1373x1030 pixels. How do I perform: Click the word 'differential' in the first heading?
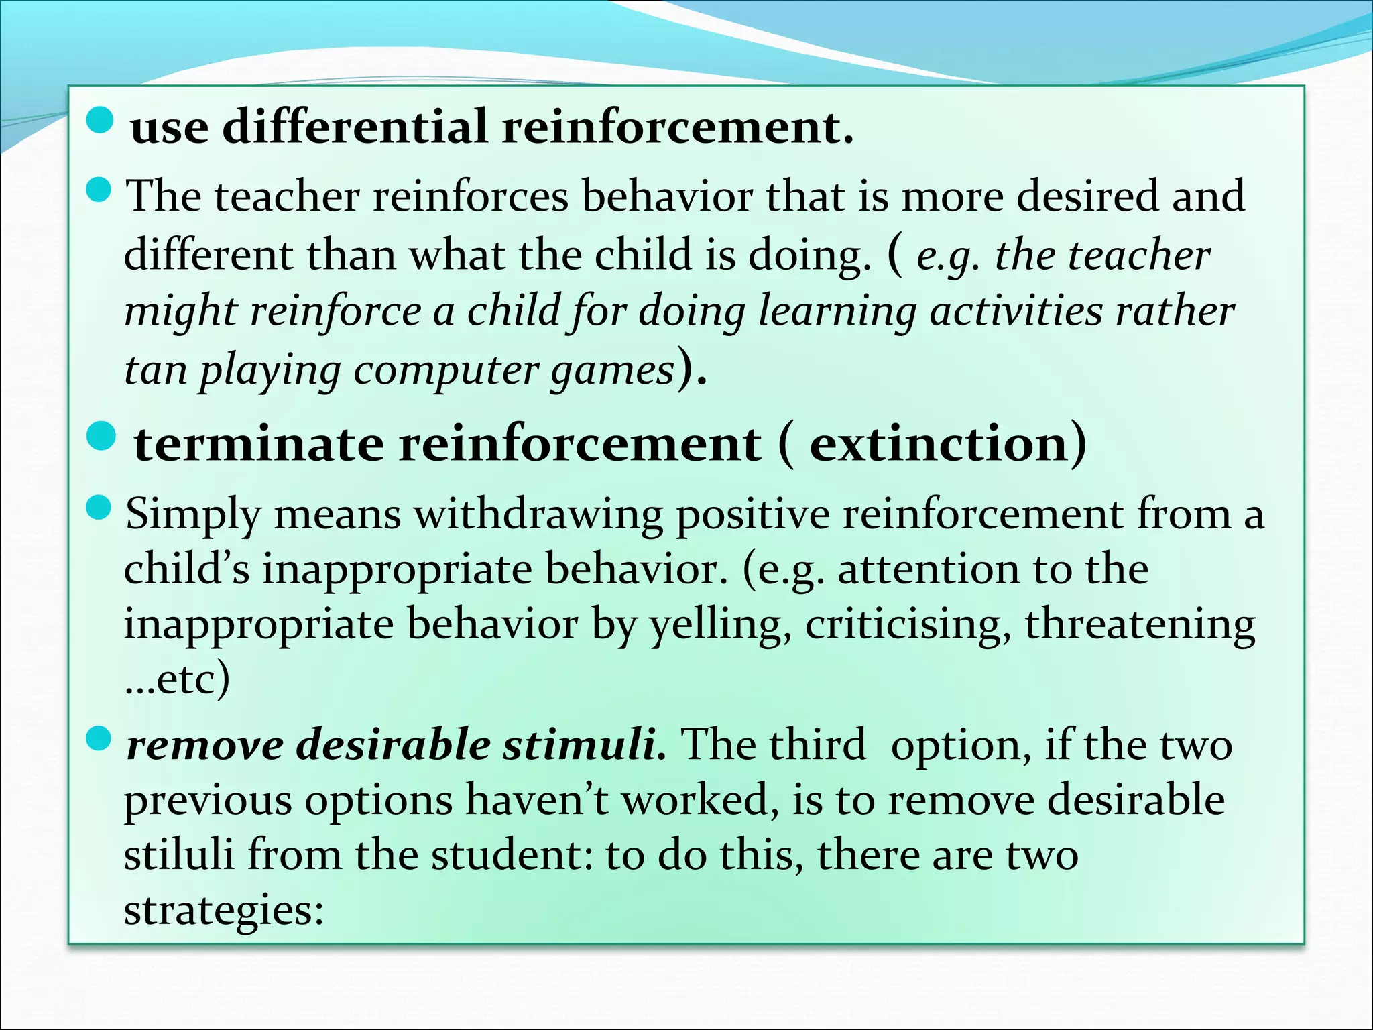click(354, 126)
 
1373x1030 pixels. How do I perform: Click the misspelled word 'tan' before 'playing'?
click(156, 369)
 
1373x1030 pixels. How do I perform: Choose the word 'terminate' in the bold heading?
click(259, 444)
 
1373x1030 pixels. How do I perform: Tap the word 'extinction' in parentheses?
click(939, 444)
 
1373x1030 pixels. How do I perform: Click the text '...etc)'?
click(177, 679)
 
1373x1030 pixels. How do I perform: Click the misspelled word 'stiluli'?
click(179, 855)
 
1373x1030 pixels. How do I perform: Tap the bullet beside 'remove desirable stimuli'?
click(99, 739)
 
